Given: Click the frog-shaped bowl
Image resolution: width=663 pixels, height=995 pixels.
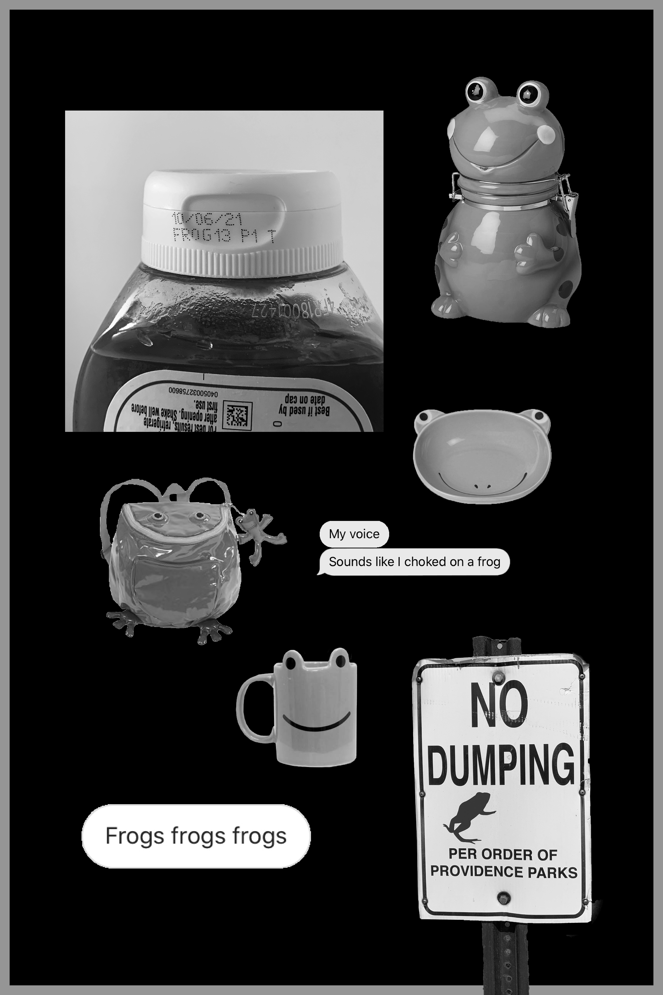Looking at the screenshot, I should pos(482,457).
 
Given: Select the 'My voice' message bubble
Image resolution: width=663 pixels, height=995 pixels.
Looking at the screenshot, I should pos(354,534).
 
